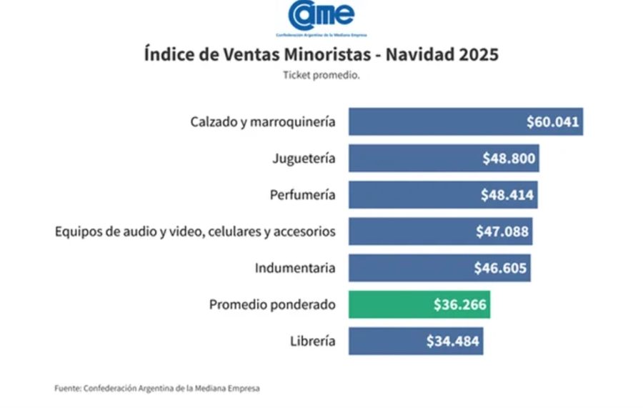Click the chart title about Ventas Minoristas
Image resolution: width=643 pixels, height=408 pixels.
coord(321,54)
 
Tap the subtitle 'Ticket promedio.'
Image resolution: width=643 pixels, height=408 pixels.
coord(321,74)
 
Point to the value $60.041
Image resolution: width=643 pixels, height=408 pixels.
coord(552,121)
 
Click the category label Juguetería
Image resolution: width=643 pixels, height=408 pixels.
coord(304,158)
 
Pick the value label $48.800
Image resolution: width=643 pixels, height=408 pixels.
coord(509,158)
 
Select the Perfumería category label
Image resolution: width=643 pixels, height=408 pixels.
coord(302,194)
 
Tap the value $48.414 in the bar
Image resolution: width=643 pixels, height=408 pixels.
coord(508,194)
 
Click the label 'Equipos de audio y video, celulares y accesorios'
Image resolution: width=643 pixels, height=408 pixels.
coord(195,232)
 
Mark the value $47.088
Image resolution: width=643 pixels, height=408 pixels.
coord(502,232)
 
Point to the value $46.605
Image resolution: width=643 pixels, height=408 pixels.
coord(500,268)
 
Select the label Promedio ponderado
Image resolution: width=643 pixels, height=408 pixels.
coord(272,304)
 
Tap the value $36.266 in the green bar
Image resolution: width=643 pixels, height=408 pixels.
coord(459,304)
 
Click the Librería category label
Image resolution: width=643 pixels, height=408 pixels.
coord(313,341)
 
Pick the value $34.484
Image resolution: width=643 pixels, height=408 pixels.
coord(453,341)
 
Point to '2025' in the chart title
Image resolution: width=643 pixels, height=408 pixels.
coord(476,54)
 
